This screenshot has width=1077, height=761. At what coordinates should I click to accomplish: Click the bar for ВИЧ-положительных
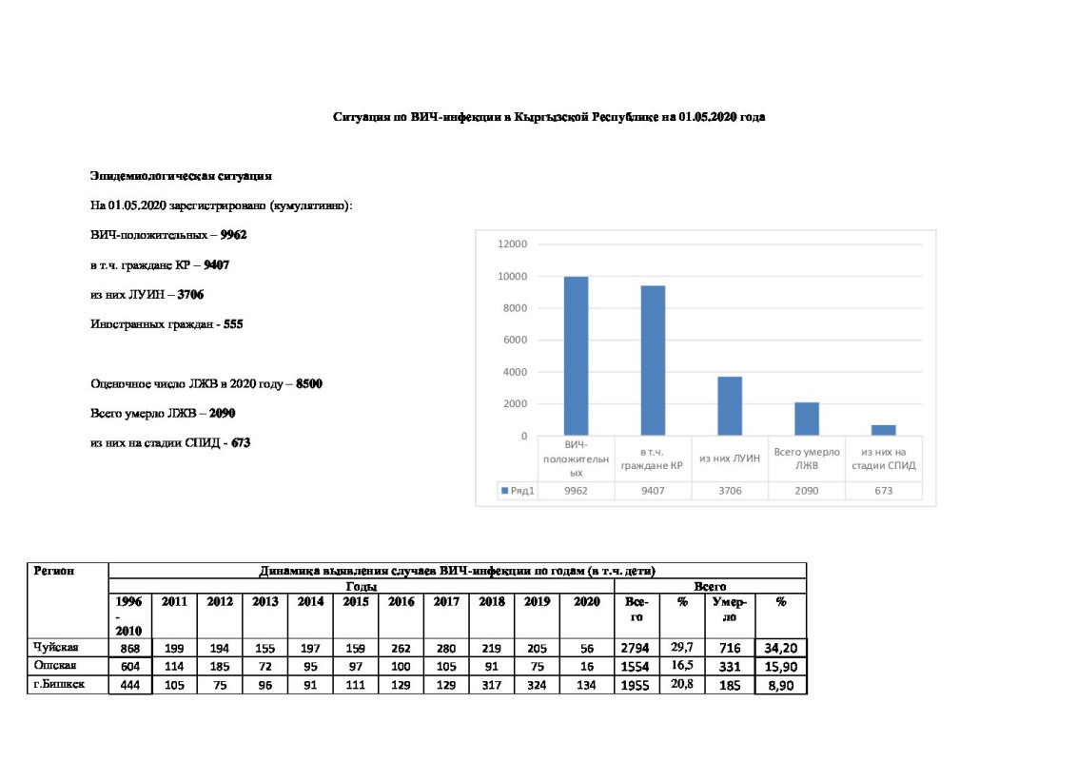coord(576,356)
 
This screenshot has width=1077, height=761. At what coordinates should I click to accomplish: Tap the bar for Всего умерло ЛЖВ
coord(807,419)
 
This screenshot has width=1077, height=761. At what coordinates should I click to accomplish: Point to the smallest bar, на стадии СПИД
coord(884,430)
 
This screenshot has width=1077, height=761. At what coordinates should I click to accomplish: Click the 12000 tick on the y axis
coord(512,244)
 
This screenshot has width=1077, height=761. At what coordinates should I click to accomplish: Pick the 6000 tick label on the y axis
coord(515,341)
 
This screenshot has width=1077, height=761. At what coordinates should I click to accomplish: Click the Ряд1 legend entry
coord(517,491)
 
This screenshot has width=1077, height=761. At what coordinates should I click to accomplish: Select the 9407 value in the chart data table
coord(653,491)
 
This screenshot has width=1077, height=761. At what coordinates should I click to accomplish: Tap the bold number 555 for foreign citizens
coord(233,324)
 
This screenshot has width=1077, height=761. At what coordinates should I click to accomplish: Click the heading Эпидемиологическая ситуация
coord(182,176)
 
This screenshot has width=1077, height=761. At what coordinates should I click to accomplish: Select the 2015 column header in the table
coord(356,602)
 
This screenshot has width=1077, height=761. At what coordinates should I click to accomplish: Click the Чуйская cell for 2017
coord(447,648)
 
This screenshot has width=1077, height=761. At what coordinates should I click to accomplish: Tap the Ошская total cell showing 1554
coord(636,666)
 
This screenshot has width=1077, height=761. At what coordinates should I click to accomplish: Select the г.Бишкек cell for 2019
coord(537,684)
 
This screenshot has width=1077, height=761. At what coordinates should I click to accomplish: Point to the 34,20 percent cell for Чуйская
coord(780,648)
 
